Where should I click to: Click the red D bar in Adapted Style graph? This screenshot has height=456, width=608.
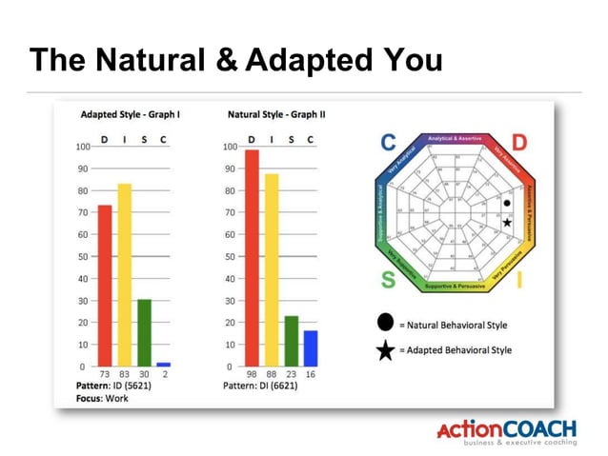click(105, 286)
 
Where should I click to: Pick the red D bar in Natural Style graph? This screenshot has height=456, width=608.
click(252, 258)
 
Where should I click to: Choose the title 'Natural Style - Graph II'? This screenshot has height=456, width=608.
click(276, 114)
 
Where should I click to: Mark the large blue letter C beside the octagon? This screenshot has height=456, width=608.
click(388, 143)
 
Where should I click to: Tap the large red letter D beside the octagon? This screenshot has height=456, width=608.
click(519, 143)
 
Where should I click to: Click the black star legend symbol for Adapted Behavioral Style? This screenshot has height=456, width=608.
click(385, 350)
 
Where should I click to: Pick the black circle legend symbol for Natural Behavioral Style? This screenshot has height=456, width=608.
click(385, 324)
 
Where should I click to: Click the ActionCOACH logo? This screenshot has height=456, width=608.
click(505, 431)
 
